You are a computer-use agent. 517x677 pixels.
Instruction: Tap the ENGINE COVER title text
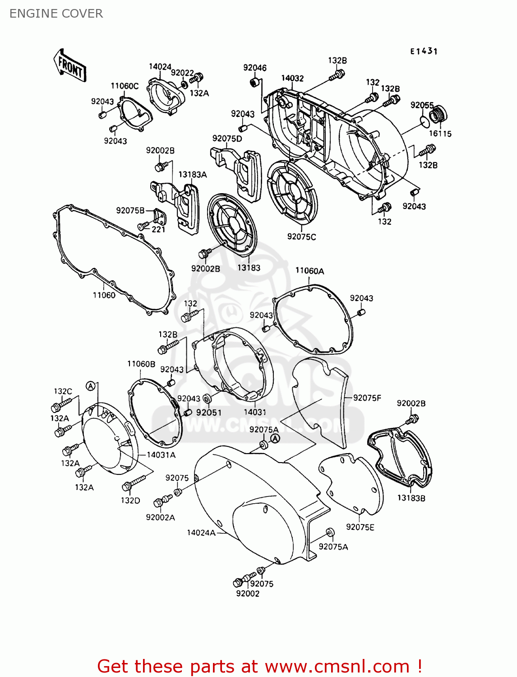tap(56, 14)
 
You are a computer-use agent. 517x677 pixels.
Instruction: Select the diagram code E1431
tap(424, 51)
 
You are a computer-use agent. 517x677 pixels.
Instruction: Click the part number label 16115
tap(440, 134)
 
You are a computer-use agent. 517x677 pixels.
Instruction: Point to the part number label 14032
tap(292, 78)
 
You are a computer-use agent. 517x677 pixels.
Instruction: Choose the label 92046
tap(254, 68)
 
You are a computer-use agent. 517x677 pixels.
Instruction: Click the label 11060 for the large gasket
tap(104, 295)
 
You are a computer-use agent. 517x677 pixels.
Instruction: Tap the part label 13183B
tap(411, 498)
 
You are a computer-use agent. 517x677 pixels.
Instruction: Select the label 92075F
tap(367, 398)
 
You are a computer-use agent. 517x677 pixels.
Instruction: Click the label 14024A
tap(201, 533)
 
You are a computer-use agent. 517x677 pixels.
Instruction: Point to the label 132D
tap(130, 500)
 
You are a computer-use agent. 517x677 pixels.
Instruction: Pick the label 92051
tap(209, 412)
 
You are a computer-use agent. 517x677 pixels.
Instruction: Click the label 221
tap(158, 229)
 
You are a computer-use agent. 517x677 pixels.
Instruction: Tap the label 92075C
tap(301, 236)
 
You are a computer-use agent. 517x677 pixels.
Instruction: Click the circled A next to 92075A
tap(275, 438)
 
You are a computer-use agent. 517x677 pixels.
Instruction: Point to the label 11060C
tap(125, 86)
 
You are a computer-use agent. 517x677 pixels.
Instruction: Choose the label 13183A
tap(192, 175)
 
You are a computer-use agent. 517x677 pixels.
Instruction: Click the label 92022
tap(182, 73)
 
